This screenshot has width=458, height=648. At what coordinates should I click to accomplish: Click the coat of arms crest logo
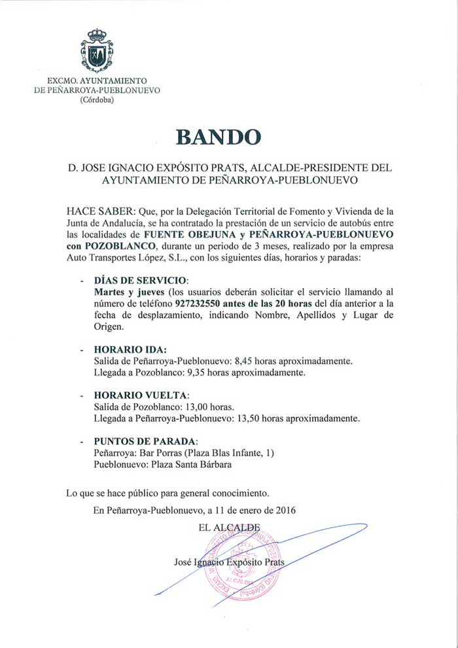97,50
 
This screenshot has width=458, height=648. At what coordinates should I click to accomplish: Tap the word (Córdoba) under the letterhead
96,100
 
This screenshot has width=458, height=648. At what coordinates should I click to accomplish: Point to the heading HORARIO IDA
130,349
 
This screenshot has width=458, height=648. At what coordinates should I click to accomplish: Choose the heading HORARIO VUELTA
141,395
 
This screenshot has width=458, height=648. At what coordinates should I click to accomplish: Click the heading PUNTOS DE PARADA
145,441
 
